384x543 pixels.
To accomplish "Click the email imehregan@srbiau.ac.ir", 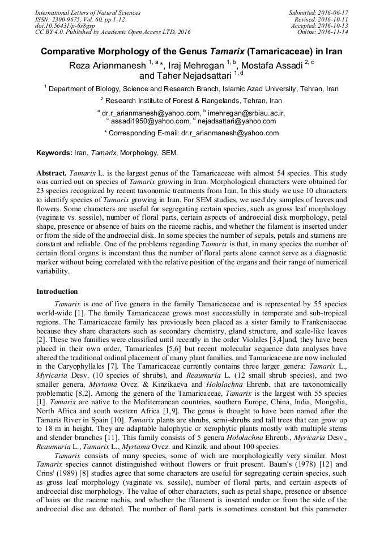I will [x=247, y=113].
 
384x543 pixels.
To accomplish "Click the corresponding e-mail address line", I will [x=191, y=133].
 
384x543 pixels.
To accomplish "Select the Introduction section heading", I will [x=57, y=292].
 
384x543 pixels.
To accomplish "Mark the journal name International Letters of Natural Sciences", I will [x=88, y=12].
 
